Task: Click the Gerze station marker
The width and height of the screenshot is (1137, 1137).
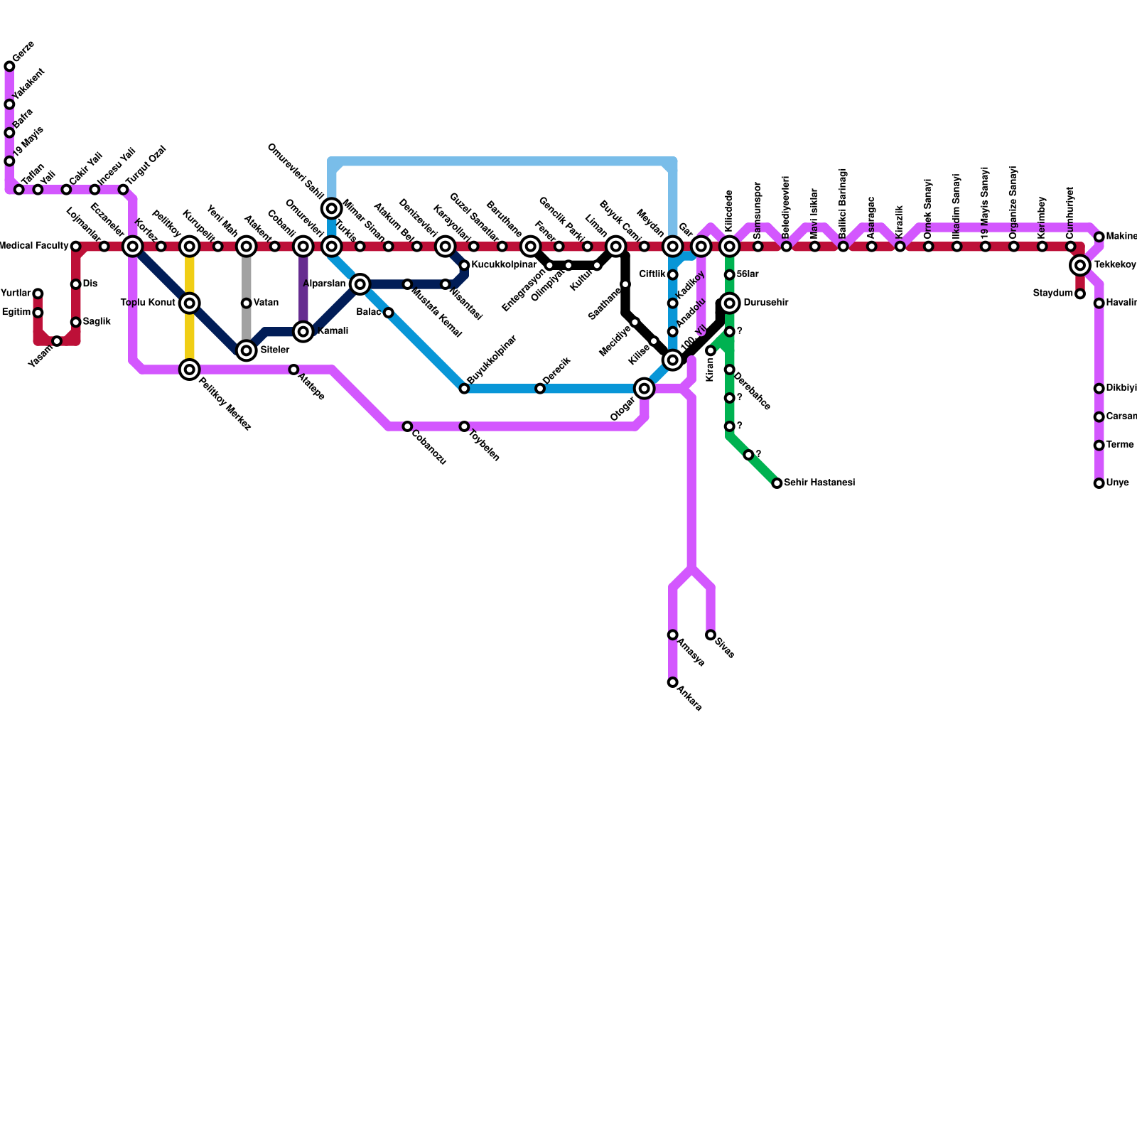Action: click(x=9, y=67)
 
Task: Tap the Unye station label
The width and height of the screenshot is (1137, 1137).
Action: click(x=1117, y=483)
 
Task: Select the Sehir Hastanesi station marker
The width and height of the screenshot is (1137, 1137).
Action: click(x=777, y=483)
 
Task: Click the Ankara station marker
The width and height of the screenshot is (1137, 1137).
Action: click(x=672, y=682)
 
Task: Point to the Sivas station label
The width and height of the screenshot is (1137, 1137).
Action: click(x=725, y=648)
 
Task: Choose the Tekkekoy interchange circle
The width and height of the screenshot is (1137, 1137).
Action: click(x=1080, y=266)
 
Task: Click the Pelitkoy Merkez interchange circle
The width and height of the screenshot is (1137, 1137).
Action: click(x=189, y=370)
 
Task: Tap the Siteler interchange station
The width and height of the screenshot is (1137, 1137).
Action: click(x=246, y=350)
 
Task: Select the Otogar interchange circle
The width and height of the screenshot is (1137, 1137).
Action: click(x=644, y=389)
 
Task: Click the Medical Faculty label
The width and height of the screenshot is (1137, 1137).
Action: click(x=33, y=246)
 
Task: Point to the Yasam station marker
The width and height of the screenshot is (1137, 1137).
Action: click(x=57, y=341)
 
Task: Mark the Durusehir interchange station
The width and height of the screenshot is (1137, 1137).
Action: click(x=729, y=303)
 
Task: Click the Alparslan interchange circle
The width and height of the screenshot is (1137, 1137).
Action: click(x=360, y=284)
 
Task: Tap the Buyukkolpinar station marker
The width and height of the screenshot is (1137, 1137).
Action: click(x=464, y=389)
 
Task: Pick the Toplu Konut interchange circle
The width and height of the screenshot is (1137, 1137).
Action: click(x=189, y=303)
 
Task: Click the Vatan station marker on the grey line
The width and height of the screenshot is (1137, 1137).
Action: click(x=246, y=303)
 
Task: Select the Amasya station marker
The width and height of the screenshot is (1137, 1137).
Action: click(x=672, y=635)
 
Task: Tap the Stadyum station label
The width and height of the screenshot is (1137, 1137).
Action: click(x=1053, y=293)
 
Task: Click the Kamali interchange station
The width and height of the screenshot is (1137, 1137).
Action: click(x=303, y=332)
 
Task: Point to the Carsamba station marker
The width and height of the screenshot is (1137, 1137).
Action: click(x=1099, y=417)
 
